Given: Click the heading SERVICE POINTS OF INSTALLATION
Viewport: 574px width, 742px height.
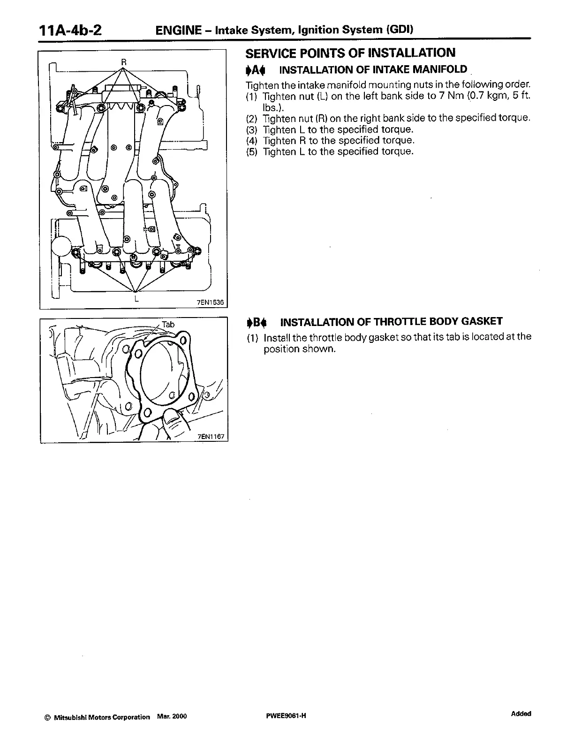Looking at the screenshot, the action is pos(350,53).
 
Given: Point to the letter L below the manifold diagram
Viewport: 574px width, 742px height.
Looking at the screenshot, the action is pos(136,298).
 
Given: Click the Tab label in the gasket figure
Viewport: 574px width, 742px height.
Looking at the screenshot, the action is pos(168,325).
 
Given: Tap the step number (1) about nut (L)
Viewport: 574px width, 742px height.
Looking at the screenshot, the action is pos(252,96).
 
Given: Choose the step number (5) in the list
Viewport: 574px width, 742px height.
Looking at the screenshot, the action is pos(252,151).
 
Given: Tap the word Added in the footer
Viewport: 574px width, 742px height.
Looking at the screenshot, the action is pos(521,714).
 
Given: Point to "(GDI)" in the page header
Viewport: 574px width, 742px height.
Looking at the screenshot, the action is pos(400,30).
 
